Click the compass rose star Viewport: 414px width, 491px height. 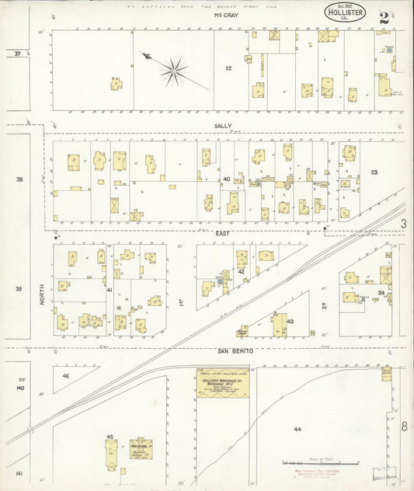coord(174,72)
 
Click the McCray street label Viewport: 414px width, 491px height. coord(225,15)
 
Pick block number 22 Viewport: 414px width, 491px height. coord(228,68)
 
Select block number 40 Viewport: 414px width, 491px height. coord(226,179)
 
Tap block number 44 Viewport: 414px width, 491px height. coord(297,429)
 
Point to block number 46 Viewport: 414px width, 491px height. coord(66,376)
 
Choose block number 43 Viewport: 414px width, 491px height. coord(290,321)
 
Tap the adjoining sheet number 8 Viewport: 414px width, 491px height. coord(405,426)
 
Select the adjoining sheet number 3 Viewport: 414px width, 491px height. coord(404,224)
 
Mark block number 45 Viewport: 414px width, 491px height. coord(110,437)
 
